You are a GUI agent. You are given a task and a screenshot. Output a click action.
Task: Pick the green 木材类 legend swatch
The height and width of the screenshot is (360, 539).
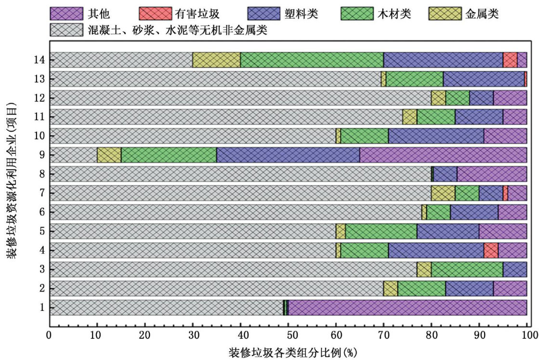[x=358, y=14]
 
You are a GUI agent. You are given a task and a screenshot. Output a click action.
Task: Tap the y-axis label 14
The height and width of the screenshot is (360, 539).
[x=40, y=60]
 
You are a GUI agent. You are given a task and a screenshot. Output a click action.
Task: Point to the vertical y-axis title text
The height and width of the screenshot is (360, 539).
[x=11, y=178]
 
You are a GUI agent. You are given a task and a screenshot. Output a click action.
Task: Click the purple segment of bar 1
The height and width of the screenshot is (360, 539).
[x=408, y=307]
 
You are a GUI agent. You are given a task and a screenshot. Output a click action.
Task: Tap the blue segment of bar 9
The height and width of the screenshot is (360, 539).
[x=288, y=155]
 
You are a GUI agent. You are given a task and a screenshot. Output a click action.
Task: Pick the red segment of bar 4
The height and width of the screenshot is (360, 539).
[x=491, y=251]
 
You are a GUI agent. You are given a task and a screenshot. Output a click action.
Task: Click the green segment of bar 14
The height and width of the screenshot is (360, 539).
[x=312, y=60]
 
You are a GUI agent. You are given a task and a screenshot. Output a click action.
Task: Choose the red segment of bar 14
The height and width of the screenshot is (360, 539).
[x=510, y=60]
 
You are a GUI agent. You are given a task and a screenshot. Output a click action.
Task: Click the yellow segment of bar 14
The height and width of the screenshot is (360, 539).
[x=216, y=60]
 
